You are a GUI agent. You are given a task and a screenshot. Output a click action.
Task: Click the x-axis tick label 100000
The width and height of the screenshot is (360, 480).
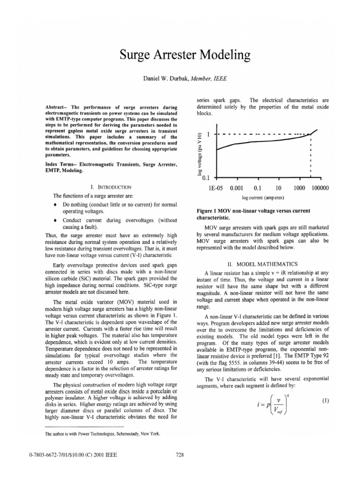click(x=319, y=188)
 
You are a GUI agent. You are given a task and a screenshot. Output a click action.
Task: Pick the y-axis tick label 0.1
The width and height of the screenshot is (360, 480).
click(x=205, y=178)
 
